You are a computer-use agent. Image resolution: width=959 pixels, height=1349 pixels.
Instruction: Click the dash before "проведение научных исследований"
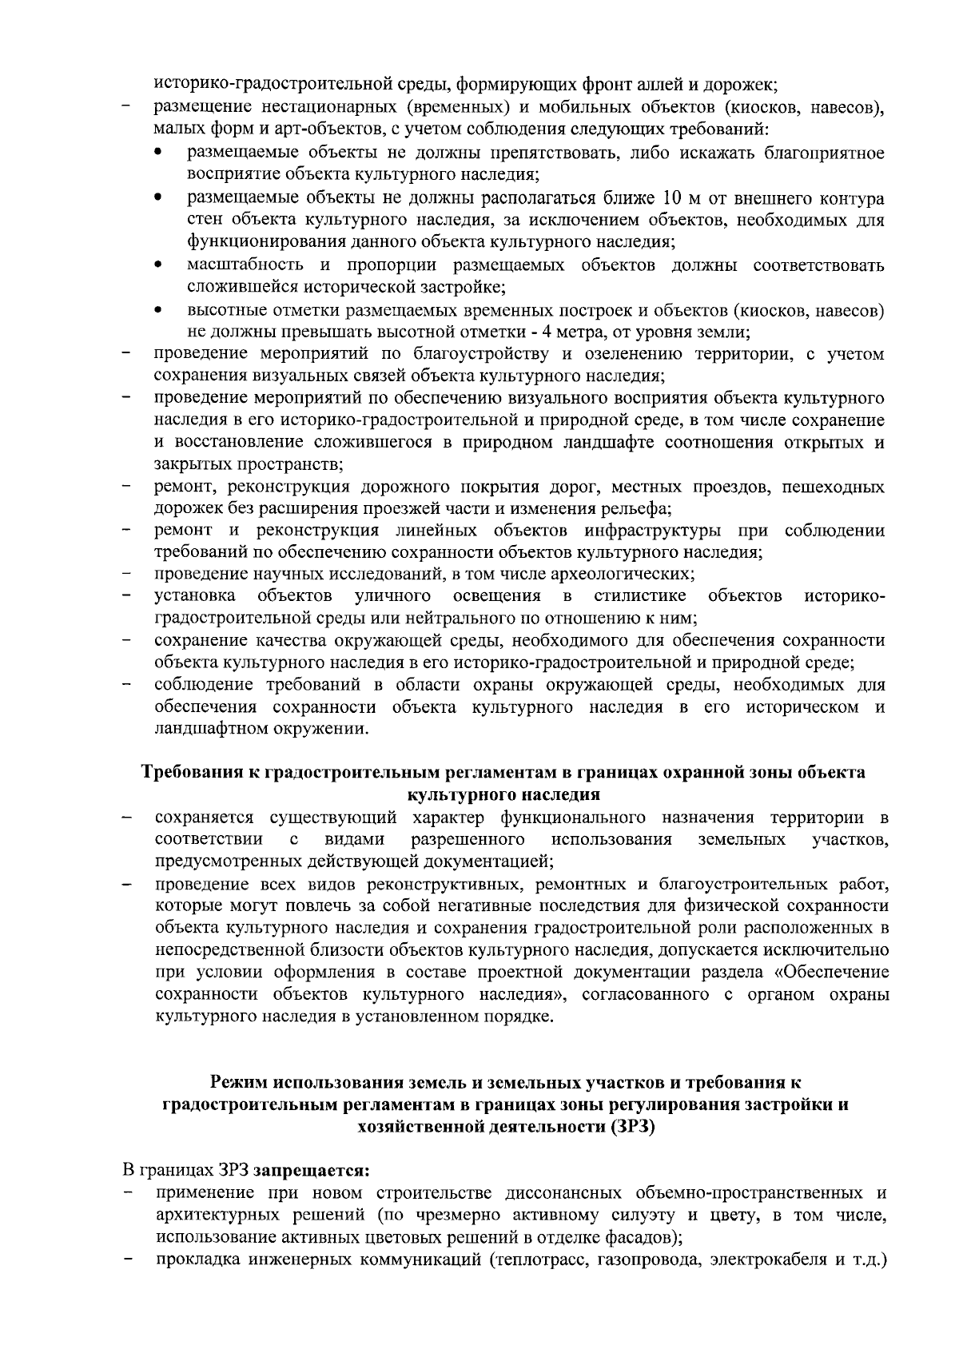tap(126, 574)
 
